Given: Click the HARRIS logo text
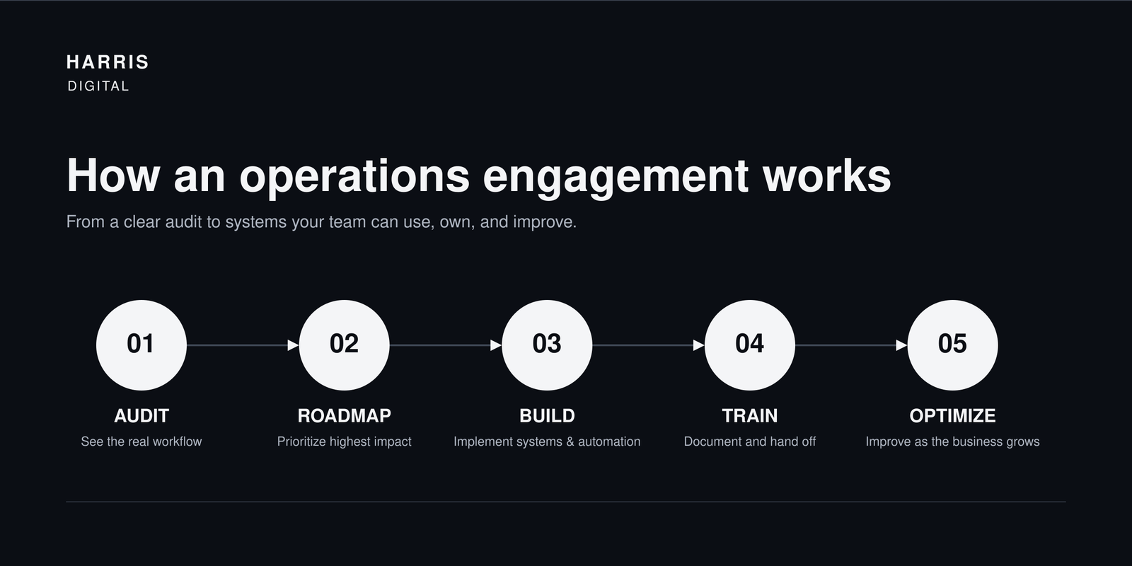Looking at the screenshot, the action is [108, 62].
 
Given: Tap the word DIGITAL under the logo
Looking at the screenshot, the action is [98, 86].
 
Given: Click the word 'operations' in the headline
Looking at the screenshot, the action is [354, 176].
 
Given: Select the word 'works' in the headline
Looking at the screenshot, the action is [827, 175].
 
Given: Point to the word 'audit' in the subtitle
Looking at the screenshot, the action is [183, 222].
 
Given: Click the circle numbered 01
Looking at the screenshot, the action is [141, 345].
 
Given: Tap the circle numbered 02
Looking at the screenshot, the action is [344, 345].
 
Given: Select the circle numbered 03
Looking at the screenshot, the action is [547, 345].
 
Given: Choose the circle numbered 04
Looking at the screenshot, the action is [750, 345].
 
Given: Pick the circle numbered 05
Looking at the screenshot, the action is [952, 345].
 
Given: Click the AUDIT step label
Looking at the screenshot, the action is [141, 416].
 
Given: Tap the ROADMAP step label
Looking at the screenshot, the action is [344, 416].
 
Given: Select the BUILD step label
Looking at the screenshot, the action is [547, 416].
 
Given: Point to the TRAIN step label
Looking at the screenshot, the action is [750, 416].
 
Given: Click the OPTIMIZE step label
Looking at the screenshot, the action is [952, 416].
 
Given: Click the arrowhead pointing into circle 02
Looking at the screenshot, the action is [293, 345].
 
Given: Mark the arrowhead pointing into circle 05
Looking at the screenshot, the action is [901, 345].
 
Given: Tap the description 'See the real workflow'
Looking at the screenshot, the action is [141, 441].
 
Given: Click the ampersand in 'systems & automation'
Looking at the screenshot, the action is [570, 441].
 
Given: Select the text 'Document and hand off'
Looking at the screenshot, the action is [750, 441].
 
